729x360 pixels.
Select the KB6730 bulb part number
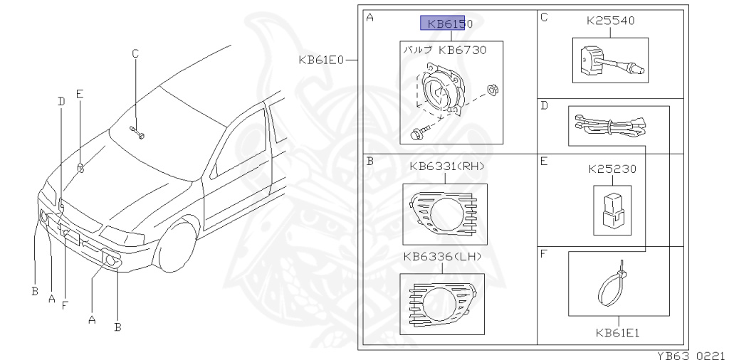point(463,50)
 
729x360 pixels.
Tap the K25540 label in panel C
point(610,21)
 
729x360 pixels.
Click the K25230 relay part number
point(612,169)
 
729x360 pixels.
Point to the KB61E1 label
point(619,332)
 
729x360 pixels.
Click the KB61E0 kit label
point(322,60)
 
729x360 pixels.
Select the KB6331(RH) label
point(447,166)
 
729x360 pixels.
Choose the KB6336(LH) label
point(443,256)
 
